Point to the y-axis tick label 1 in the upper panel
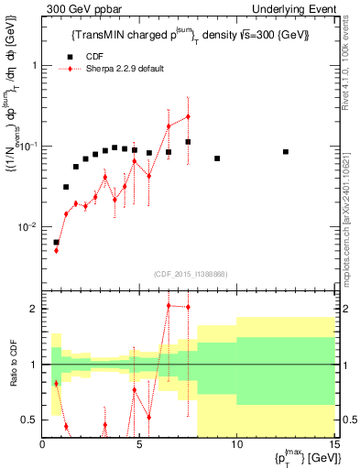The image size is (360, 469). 34,66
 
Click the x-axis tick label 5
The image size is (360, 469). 139,445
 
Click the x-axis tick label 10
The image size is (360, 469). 236,445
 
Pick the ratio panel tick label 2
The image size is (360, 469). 34,309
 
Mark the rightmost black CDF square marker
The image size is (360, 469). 286,152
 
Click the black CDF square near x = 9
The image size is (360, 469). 217,158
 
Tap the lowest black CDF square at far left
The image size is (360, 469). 57,243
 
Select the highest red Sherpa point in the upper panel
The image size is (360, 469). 188,116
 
